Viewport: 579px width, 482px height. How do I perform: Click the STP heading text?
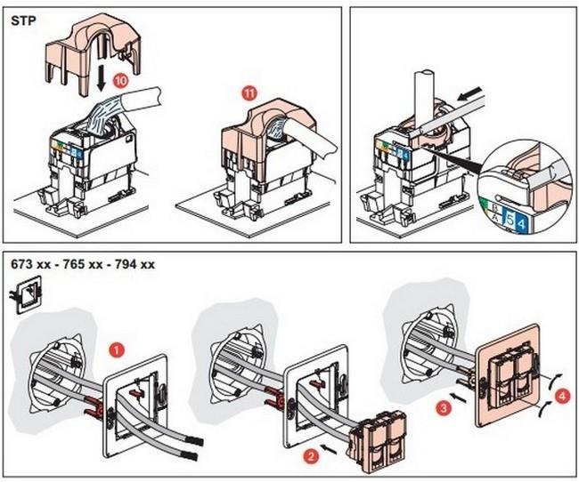pos(24,20)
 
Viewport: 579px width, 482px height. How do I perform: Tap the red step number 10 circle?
pos(121,81)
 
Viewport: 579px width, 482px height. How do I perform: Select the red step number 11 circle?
pos(249,93)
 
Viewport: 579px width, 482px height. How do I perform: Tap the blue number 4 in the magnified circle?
pos(521,222)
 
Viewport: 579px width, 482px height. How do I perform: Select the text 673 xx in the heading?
pos(30,264)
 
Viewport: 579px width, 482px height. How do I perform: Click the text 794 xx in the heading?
pos(135,264)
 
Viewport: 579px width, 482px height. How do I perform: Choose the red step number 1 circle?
pos(117,350)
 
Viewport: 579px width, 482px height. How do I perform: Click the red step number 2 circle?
pos(311,457)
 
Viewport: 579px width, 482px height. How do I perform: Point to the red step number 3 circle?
pos(443,408)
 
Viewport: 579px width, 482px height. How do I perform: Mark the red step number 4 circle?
pos(562,397)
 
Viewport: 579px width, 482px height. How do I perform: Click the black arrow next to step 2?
pos(329,449)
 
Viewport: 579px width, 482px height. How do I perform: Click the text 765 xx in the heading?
pos(83,264)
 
